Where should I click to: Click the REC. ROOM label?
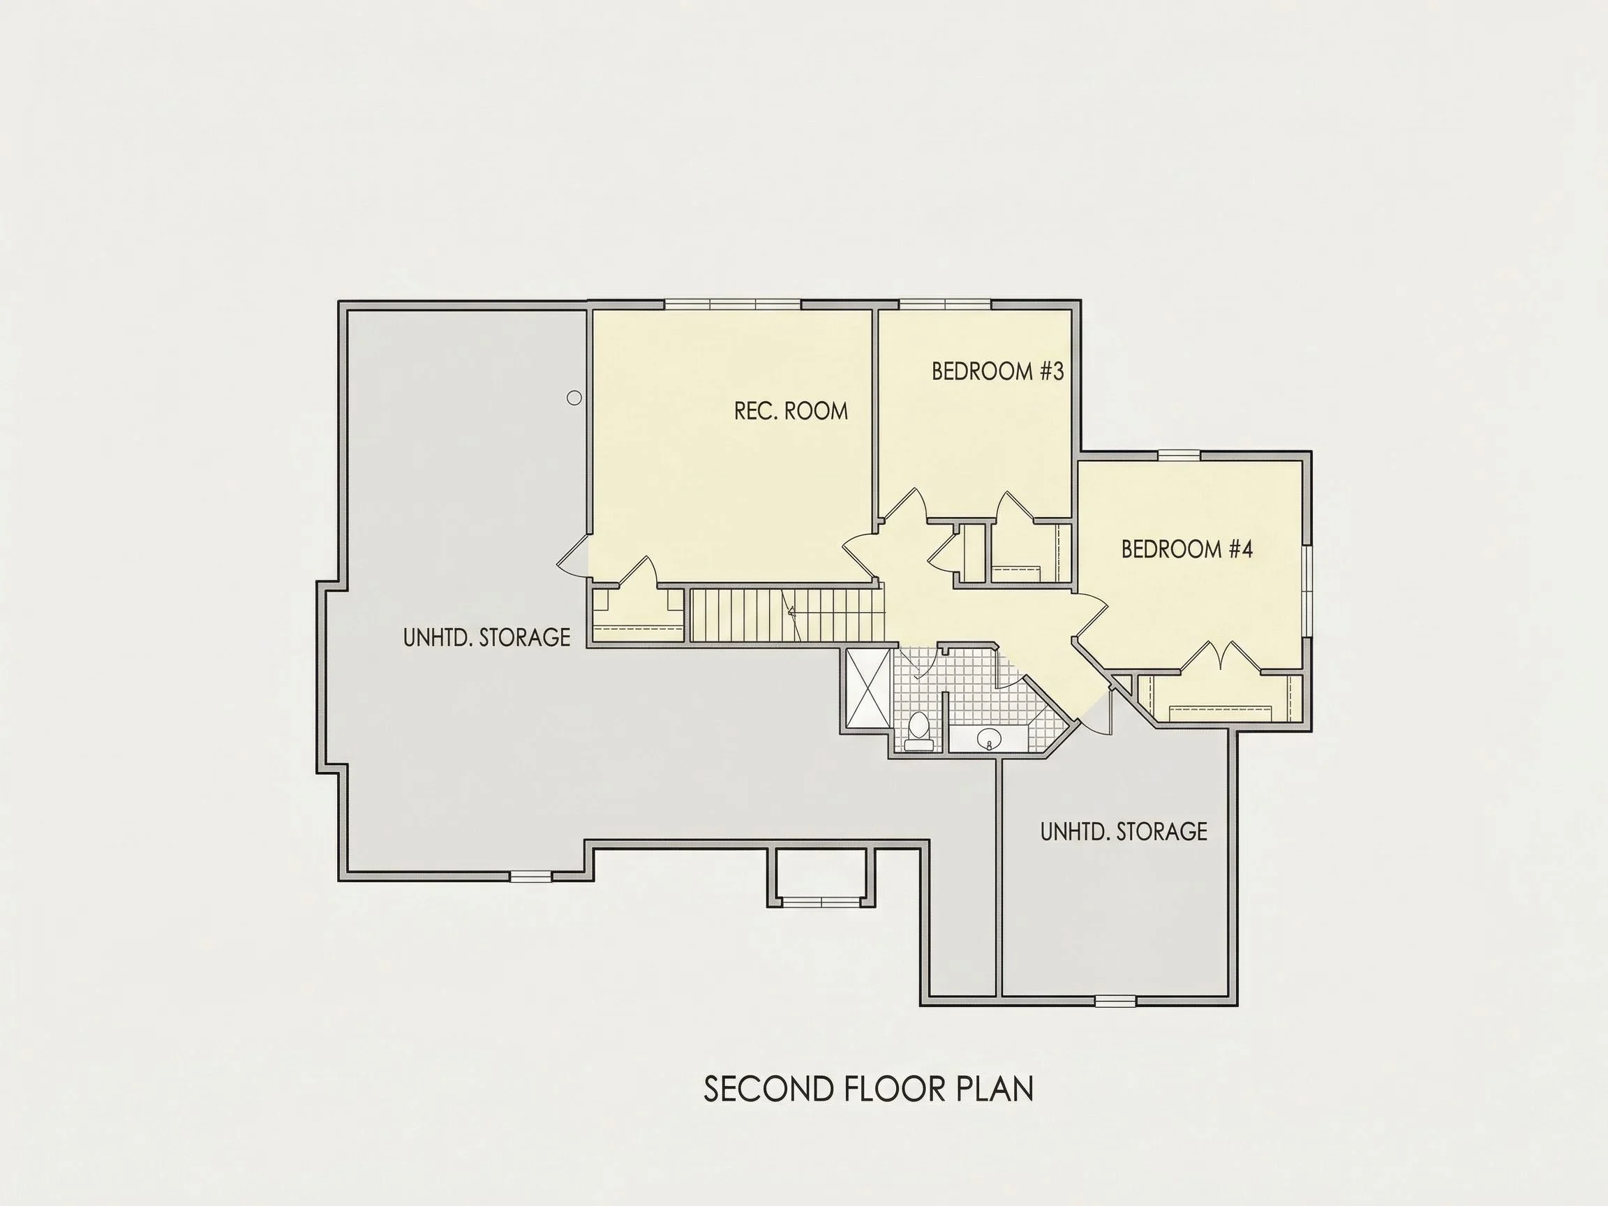pyautogui.click(x=791, y=412)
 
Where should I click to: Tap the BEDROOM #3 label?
pyautogui.click(x=997, y=371)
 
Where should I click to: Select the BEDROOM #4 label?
pyautogui.click(x=1186, y=549)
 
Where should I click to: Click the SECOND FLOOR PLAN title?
pyautogui.click(x=869, y=1089)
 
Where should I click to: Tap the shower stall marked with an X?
pyautogui.click(x=867, y=687)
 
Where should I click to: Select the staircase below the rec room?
pyautogui.click(x=786, y=615)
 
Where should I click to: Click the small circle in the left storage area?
pyautogui.click(x=574, y=398)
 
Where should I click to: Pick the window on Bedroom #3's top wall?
pyautogui.click(x=945, y=304)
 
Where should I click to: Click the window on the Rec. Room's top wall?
pyautogui.click(x=733, y=304)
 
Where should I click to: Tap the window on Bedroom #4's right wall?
pyautogui.click(x=1306, y=591)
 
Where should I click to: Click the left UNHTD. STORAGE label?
pyautogui.click(x=486, y=637)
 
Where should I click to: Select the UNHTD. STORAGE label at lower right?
pyautogui.click(x=1123, y=832)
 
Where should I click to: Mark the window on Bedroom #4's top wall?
pyautogui.click(x=1178, y=456)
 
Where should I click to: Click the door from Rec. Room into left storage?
pyautogui.click(x=573, y=557)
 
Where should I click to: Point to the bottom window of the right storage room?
pyautogui.click(x=1115, y=1001)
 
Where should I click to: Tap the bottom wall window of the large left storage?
pyautogui.click(x=530, y=877)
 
